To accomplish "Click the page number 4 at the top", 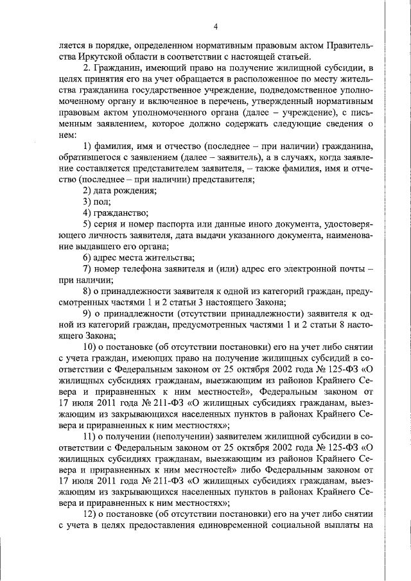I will click(216, 26).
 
